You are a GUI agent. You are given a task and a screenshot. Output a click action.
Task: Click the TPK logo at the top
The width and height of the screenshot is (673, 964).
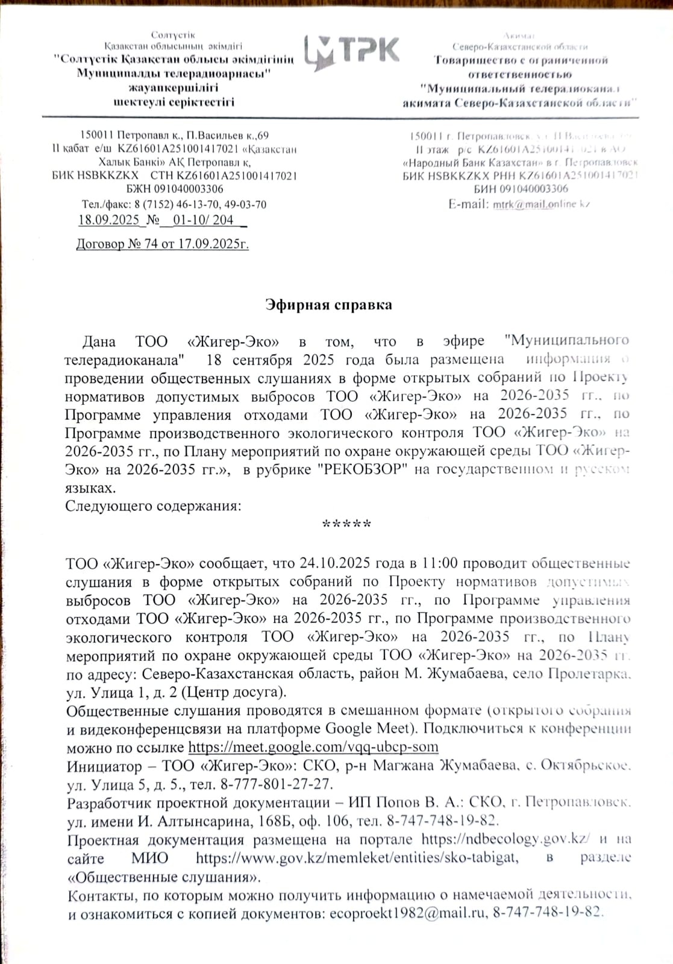(x=351, y=51)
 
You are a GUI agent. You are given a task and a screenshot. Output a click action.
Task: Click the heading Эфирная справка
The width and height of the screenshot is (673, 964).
(x=329, y=305)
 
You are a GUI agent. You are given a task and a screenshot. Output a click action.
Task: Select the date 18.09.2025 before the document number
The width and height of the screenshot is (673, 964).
(x=108, y=220)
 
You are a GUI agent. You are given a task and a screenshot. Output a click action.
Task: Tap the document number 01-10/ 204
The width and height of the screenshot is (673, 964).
(x=203, y=220)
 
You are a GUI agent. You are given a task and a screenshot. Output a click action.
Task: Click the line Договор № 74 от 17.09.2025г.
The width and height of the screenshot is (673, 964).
(x=162, y=244)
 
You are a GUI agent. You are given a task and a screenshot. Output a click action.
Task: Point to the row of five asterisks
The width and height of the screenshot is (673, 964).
(x=346, y=524)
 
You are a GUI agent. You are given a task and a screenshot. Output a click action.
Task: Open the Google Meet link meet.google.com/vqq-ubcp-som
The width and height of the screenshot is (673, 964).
(x=313, y=748)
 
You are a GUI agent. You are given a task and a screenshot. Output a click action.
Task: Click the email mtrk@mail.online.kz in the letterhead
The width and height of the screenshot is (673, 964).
(x=541, y=204)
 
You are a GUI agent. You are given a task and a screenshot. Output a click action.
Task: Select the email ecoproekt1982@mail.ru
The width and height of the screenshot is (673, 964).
(x=408, y=913)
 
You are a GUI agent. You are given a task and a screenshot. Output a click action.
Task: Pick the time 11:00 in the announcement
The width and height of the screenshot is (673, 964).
(x=439, y=563)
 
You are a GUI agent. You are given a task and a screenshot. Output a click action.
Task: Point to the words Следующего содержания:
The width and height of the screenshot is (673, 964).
(x=153, y=505)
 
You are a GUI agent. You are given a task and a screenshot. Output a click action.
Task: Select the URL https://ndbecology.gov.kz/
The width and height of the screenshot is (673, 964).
(x=505, y=839)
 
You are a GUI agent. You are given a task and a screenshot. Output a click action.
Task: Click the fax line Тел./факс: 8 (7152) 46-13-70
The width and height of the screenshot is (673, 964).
(x=174, y=204)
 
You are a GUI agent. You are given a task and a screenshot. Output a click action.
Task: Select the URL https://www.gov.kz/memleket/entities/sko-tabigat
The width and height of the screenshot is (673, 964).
(x=357, y=858)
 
